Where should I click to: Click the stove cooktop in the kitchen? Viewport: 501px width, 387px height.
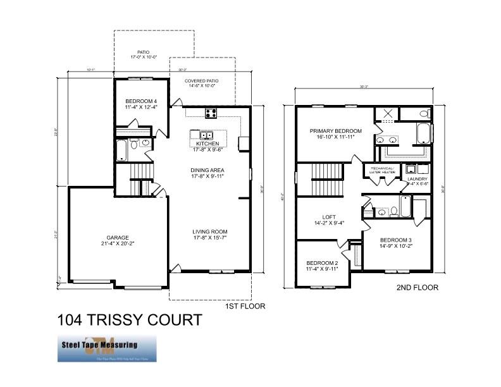211,114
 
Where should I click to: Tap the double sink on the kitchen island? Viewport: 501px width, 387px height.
206,135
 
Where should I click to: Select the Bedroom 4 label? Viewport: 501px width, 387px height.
141,105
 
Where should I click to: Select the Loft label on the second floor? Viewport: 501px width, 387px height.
329,219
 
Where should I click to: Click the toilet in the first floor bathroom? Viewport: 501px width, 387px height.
145,144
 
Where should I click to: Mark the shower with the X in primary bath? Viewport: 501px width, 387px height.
385,115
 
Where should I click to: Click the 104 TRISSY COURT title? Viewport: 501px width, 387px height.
129,320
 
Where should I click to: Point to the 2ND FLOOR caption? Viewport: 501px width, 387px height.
417,288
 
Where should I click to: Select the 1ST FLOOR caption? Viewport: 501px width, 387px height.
245,306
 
